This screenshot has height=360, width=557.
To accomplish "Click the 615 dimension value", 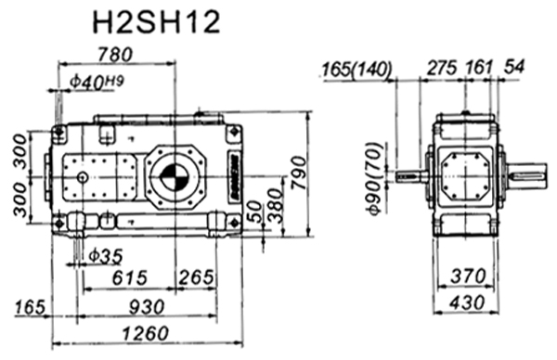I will (130, 277).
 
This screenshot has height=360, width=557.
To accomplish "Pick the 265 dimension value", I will (196, 277).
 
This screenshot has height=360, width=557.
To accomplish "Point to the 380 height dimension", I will (273, 212).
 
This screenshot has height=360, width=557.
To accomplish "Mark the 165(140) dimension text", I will (357, 70).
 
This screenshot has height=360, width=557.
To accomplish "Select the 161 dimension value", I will (482, 69).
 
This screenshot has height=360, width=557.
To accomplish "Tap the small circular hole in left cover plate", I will (83, 177).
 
